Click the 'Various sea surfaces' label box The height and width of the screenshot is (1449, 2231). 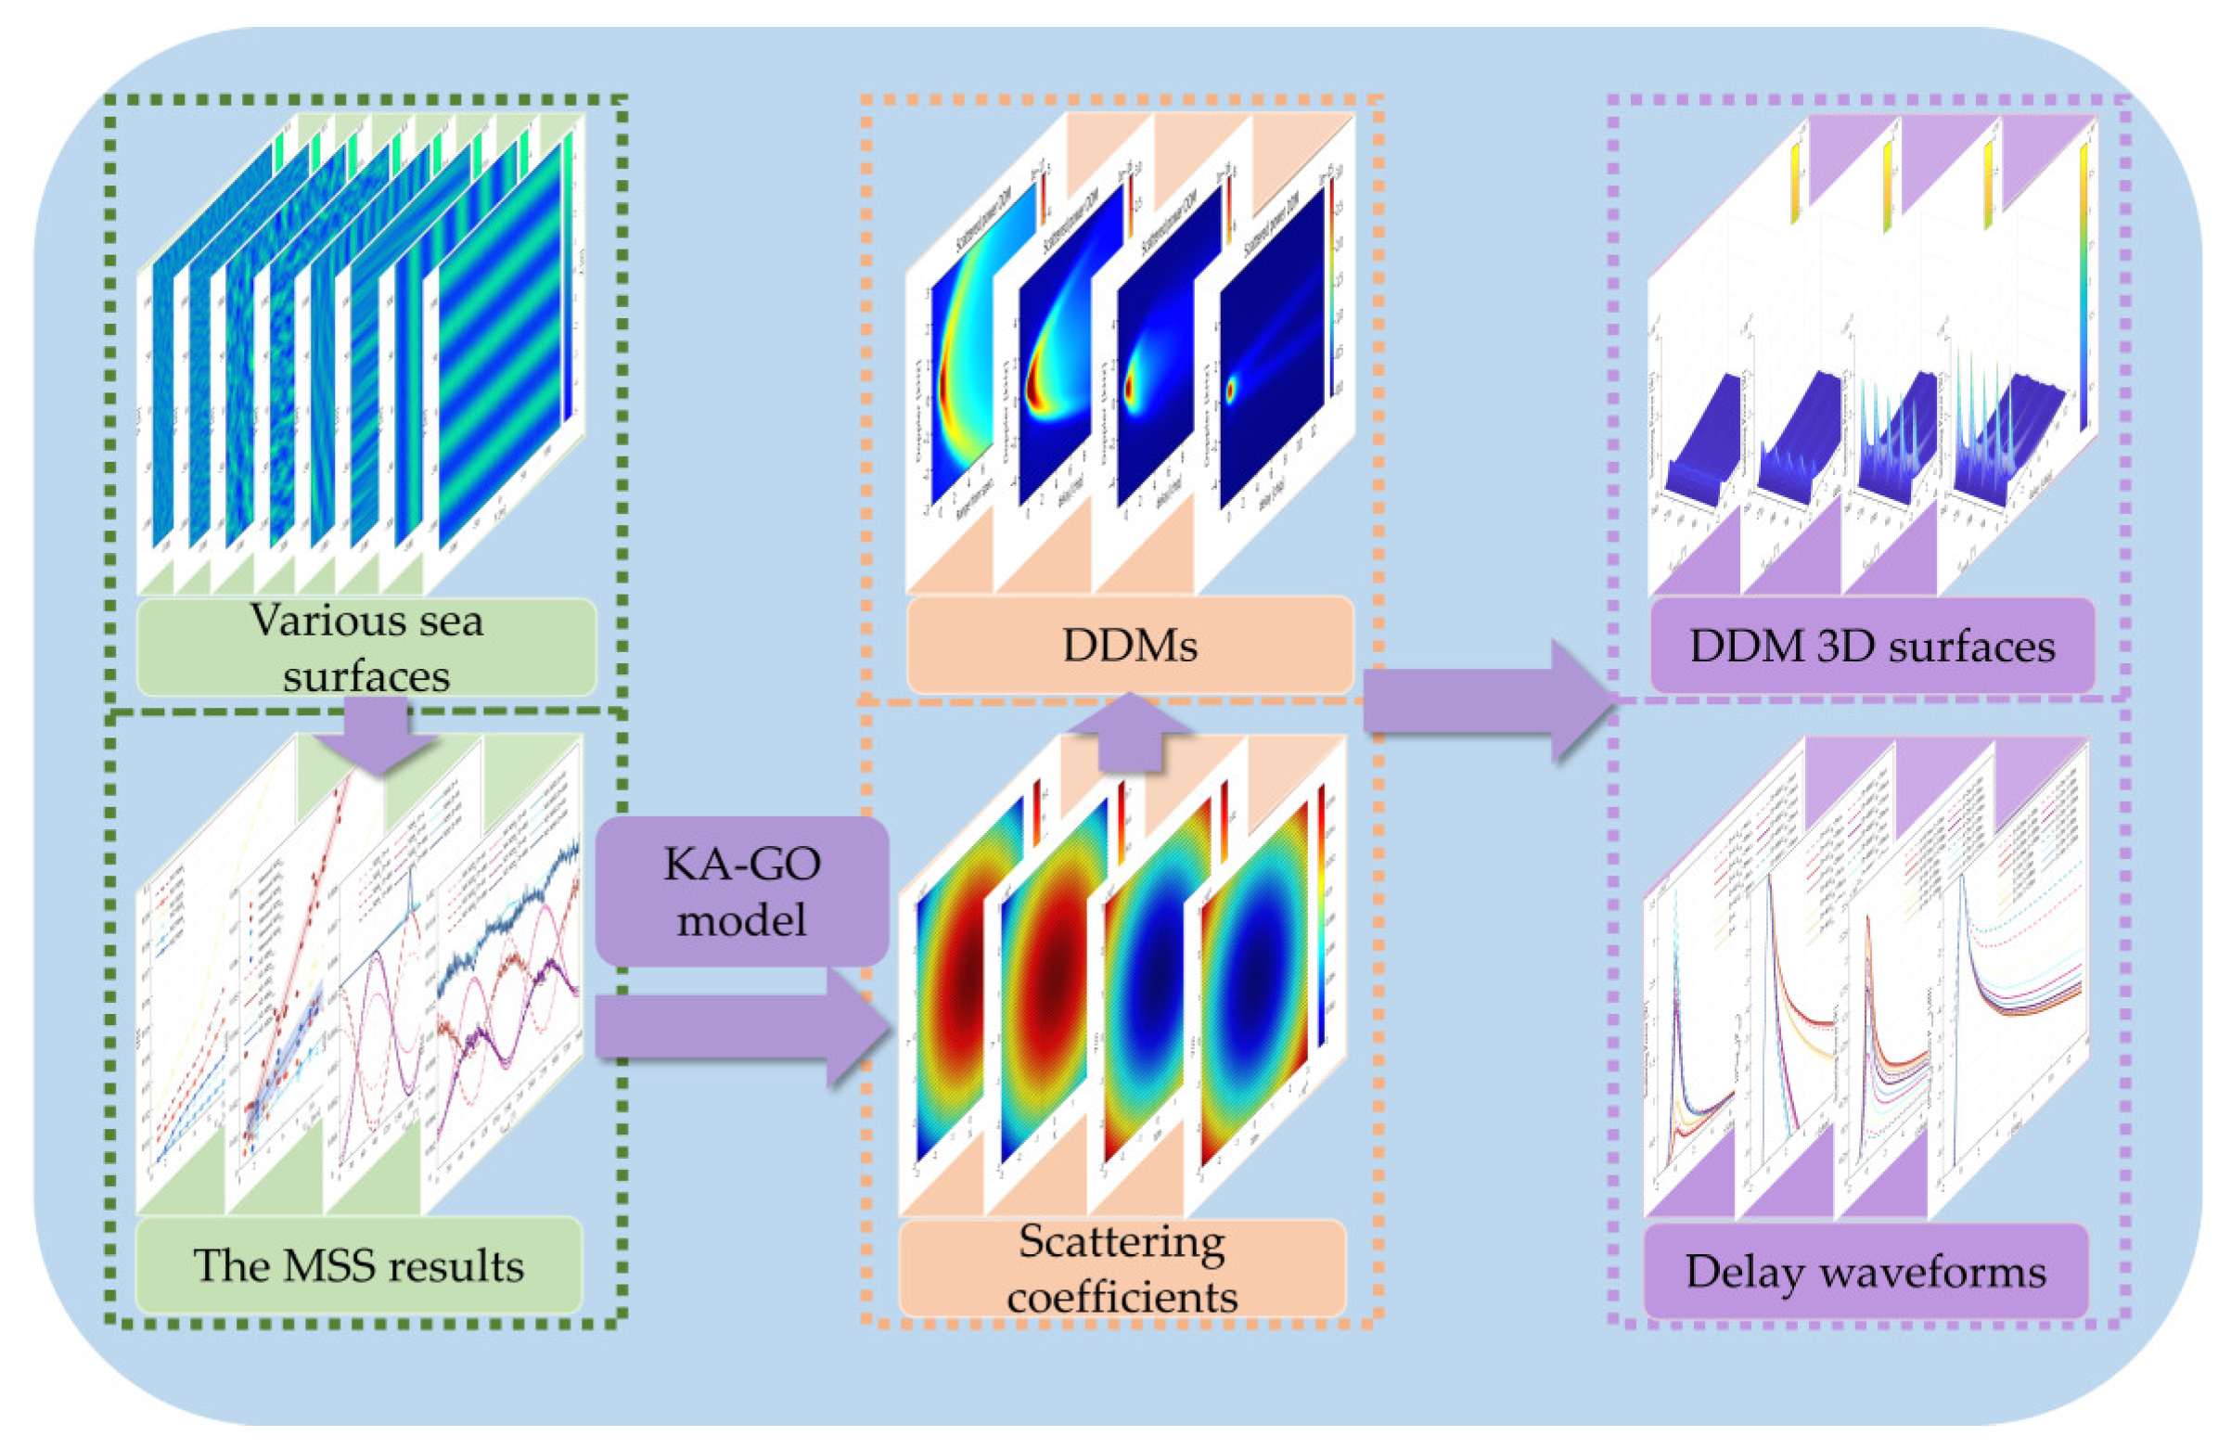[x=365, y=646]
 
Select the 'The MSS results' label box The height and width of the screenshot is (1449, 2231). [x=358, y=1265]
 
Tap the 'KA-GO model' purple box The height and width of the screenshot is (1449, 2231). [x=741, y=891]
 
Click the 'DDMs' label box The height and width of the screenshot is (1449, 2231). [x=1130, y=645]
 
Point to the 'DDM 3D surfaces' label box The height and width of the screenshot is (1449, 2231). [x=1871, y=646]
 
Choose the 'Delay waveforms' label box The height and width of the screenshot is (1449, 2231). [x=1866, y=1271]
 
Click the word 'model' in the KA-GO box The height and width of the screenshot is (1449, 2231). [x=741, y=919]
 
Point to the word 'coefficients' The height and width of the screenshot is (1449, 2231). [x=1122, y=1296]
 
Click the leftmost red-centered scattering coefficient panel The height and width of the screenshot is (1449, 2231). [x=956, y=1003]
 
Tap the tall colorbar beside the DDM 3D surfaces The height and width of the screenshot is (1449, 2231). [x=2083, y=281]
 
